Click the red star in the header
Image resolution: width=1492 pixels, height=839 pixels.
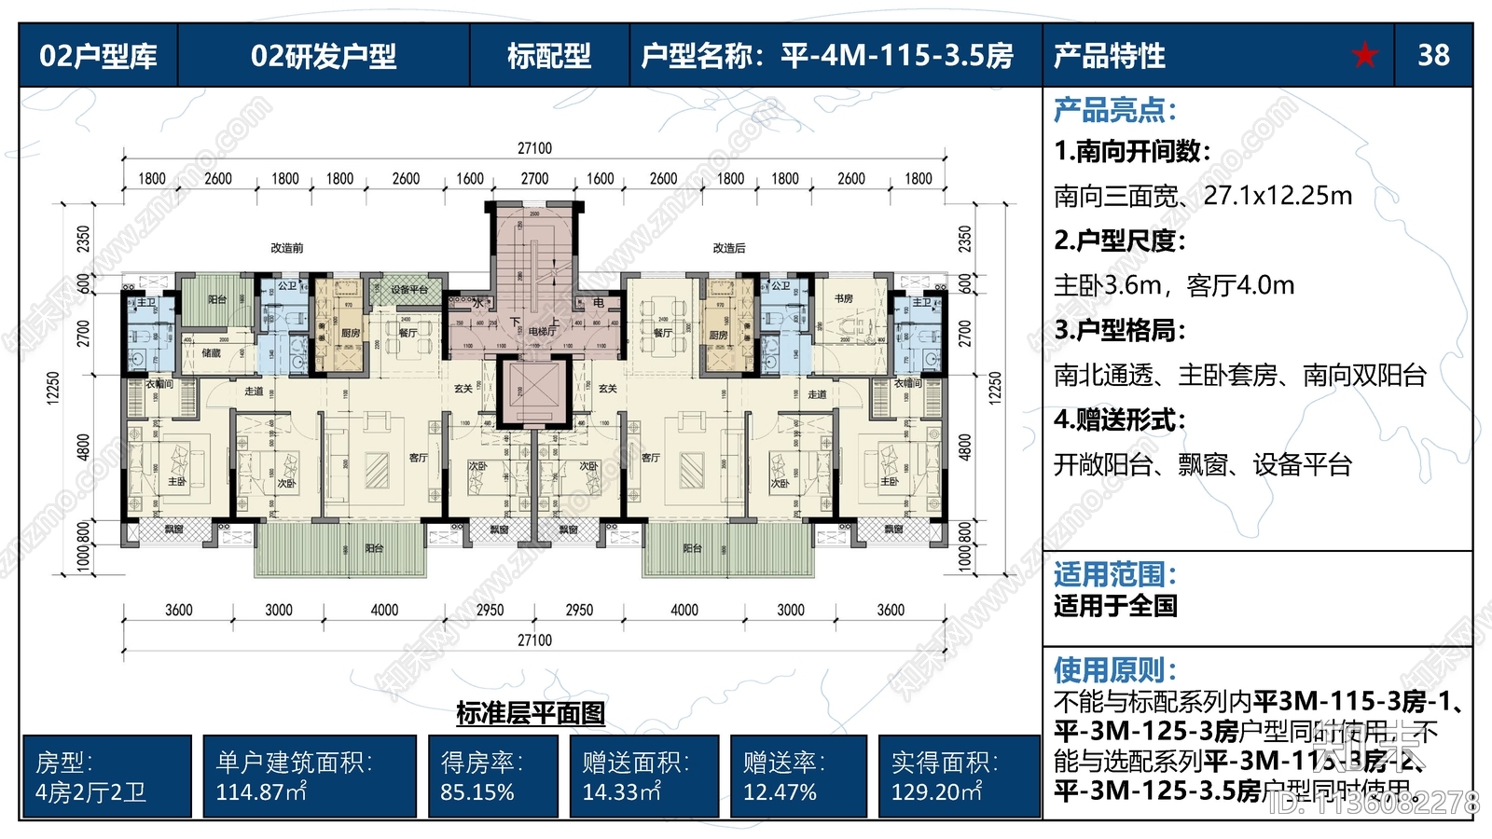(1364, 56)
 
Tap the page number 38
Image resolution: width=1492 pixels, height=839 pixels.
(1433, 56)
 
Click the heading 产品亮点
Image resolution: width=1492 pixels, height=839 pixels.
(1114, 110)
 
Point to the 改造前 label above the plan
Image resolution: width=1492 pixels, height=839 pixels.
(286, 248)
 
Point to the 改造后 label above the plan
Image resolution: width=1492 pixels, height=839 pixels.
(729, 248)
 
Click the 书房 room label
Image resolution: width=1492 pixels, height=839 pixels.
(844, 298)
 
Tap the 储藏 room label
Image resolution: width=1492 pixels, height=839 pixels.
(212, 353)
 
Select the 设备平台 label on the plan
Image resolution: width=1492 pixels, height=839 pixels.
(408, 290)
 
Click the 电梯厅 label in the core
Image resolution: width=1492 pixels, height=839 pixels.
(542, 331)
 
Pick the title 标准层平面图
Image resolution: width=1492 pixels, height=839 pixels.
(531, 714)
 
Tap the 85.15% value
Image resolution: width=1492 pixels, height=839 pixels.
(477, 792)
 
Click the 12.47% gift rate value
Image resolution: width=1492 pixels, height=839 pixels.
(780, 792)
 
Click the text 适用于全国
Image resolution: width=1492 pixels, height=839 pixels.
(1115, 606)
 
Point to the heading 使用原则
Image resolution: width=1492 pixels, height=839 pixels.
(1114, 669)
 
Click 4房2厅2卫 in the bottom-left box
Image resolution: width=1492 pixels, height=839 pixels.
(90, 792)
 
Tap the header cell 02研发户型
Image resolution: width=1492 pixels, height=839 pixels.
(324, 56)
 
